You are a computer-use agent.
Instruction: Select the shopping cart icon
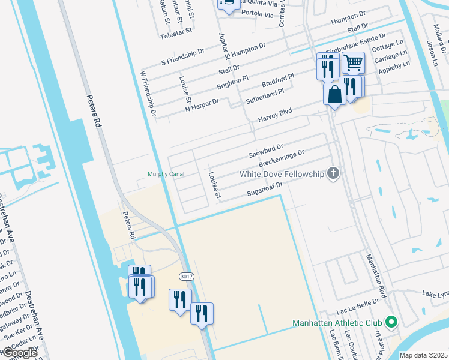[x=354, y=62]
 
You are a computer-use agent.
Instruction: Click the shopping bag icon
[x=334, y=94]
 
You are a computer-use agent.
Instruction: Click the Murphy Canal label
[x=166, y=174]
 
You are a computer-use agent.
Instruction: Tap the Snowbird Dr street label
[x=266, y=151]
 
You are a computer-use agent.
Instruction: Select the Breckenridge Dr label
[x=281, y=158]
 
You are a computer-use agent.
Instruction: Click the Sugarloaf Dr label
[x=265, y=189]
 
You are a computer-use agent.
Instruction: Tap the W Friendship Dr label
[x=148, y=93]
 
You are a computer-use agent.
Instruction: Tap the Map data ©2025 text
[x=423, y=355]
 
